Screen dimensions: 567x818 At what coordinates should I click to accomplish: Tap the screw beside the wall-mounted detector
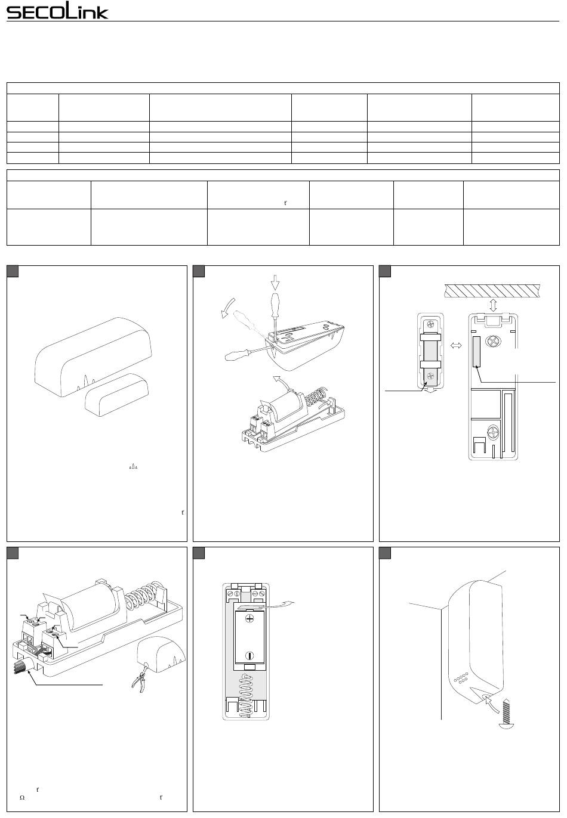(x=505, y=715)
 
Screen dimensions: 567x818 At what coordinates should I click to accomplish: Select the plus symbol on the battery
(x=248, y=619)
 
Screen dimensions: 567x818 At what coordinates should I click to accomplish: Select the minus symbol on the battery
(x=248, y=656)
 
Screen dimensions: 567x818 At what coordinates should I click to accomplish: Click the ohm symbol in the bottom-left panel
(x=21, y=797)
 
